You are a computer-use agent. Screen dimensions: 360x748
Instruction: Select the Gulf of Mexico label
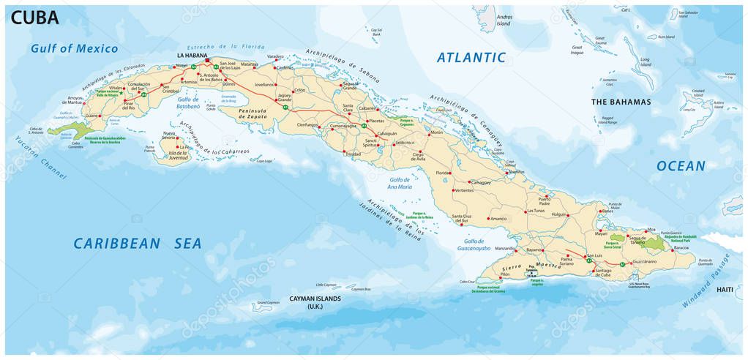point(74,49)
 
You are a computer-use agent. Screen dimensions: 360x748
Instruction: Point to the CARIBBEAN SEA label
point(137,244)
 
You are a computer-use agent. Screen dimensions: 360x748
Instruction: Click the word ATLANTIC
point(471,57)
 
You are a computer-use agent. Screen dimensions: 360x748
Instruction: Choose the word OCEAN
point(681,166)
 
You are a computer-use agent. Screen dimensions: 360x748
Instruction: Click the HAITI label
point(724,290)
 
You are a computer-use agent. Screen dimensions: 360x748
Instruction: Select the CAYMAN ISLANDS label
point(315,299)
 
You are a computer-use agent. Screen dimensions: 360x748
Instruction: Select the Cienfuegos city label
point(307,125)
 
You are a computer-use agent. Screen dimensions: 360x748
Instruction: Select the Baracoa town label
point(681,248)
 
